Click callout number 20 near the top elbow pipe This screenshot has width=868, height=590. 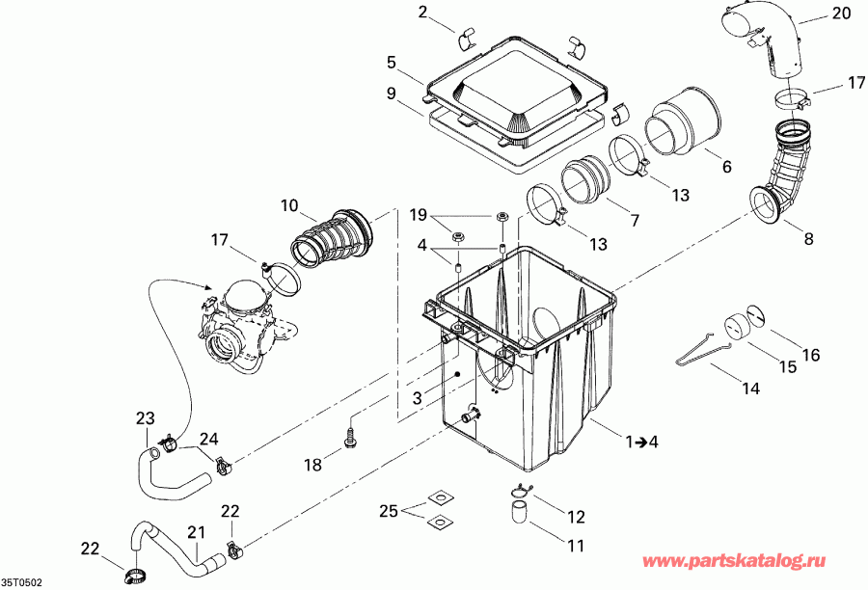[841, 13]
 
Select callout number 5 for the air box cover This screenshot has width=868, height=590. [392, 63]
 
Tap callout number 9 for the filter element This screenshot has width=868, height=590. [392, 94]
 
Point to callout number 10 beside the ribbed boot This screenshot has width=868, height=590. [290, 205]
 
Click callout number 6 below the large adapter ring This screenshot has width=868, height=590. [727, 167]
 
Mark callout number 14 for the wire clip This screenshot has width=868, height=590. [750, 389]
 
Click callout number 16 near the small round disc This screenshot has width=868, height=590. [810, 356]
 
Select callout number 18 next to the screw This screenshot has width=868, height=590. [312, 465]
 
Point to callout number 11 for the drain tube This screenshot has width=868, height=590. [576, 546]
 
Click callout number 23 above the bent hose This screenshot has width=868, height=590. [145, 418]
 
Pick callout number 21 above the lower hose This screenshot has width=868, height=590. [197, 531]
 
